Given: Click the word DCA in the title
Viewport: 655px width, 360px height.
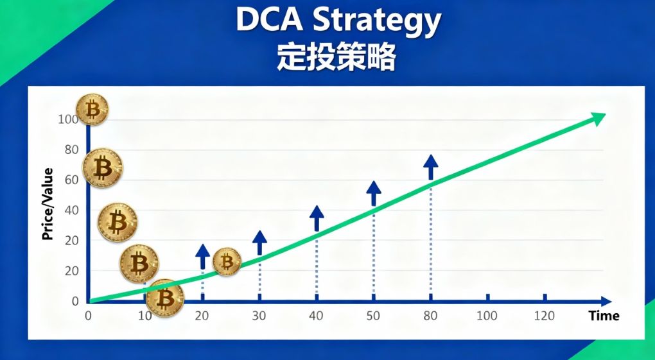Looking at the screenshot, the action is (270, 20).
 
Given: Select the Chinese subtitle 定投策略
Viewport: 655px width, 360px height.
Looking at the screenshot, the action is (336, 57).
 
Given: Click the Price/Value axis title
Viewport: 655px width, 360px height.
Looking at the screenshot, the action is (48, 204).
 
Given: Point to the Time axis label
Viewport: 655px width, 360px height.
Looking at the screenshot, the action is (604, 316).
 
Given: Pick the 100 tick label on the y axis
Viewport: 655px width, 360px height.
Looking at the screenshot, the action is (68, 119).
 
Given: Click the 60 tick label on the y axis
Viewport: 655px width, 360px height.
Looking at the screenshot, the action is (71, 180).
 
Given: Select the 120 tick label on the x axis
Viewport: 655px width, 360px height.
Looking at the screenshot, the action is (545, 316).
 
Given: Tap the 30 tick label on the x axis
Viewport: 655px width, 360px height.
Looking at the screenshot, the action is (259, 316).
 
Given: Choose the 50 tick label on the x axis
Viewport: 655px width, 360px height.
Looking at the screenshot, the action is (373, 316).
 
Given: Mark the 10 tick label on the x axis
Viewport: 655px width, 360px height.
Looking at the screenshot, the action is (145, 316).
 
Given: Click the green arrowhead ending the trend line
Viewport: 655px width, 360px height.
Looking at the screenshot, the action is (597, 119).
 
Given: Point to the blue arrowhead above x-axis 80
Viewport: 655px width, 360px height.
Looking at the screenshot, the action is (431, 161).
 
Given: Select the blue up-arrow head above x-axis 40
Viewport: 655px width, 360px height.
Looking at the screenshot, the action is (317, 212).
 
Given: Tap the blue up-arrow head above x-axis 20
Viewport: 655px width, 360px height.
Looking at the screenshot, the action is (202, 250).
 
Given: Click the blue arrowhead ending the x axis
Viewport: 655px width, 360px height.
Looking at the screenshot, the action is (606, 301).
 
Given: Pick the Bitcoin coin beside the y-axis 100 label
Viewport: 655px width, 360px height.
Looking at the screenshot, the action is (92, 110).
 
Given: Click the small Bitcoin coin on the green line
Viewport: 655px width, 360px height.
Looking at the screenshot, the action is (227, 262).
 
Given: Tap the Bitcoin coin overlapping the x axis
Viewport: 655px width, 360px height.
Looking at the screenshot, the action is (165, 298).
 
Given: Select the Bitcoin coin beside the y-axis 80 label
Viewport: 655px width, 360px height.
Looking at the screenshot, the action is (103, 168).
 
